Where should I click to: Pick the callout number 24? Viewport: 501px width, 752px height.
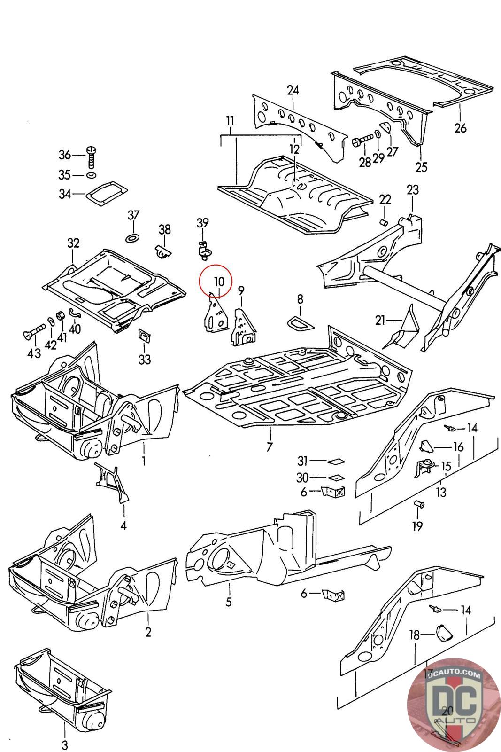coord(293,90)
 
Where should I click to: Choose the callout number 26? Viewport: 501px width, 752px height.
coord(461,127)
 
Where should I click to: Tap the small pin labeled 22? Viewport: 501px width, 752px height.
coord(384,222)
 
